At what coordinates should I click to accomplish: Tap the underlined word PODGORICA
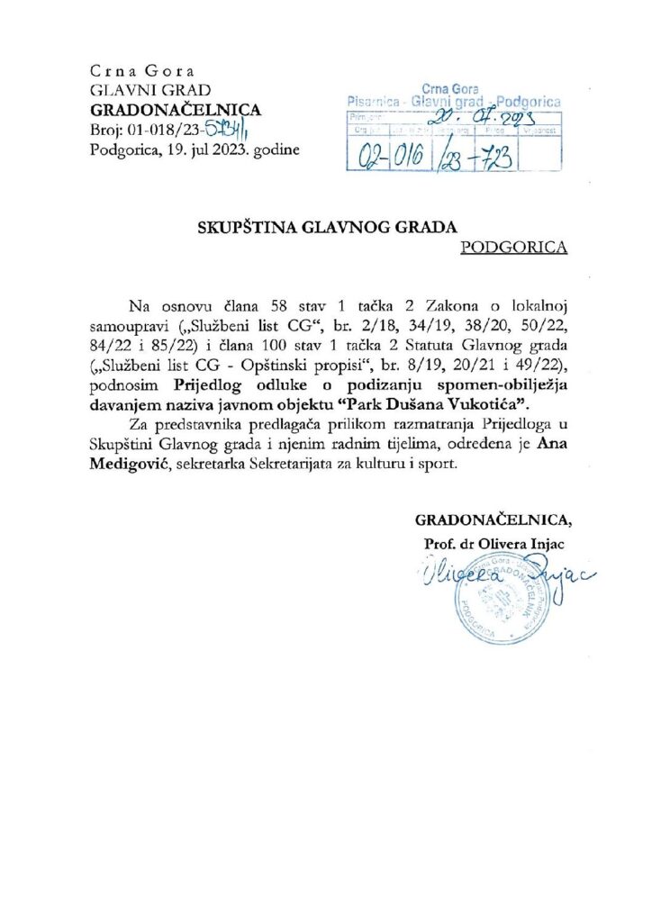[513, 247]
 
